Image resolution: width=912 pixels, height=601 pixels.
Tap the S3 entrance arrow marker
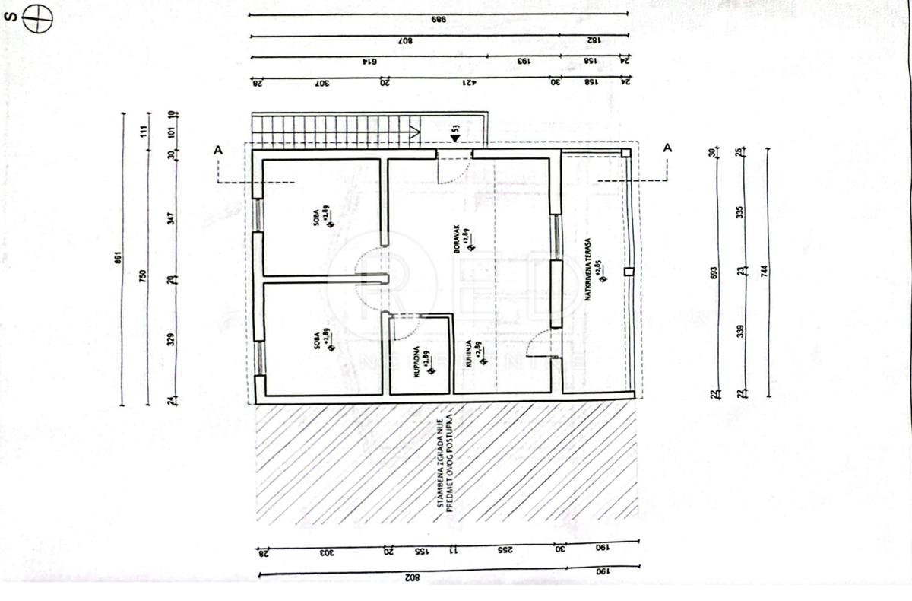pos(453,137)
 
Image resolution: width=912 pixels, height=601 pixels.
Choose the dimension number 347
pos(173,218)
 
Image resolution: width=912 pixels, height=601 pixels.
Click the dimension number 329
pos(172,339)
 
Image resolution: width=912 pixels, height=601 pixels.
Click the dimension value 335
pos(741,213)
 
